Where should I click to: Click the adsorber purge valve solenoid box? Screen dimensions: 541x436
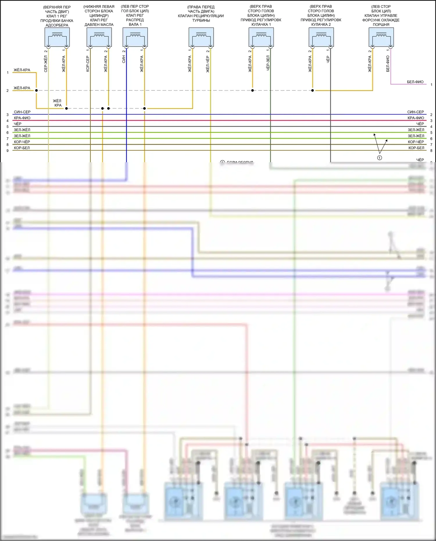pyautogui.click(x=57, y=37)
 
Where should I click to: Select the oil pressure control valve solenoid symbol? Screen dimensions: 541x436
pyautogui.click(x=99, y=37)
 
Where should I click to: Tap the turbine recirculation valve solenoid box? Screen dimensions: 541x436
pyautogui.click(x=201, y=37)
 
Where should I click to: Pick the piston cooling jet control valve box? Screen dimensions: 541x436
pyautogui.click(x=381, y=37)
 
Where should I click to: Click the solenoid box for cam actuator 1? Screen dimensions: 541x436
pyautogui.click(x=261, y=37)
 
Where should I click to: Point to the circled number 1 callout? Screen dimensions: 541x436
pyautogui.click(x=379, y=158)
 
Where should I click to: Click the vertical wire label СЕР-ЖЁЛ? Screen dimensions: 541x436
pyautogui.click(x=46, y=64)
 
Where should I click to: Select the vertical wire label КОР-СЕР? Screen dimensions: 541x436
pyautogui.click(x=87, y=64)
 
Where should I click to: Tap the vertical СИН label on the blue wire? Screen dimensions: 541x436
pyautogui.click(x=124, y=59)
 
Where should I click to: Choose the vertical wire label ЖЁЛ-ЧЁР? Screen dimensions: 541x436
pyautogui.click(x=208, y=64)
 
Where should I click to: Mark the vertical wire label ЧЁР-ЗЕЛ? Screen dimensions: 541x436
pyautogui.click(x=268, y=63)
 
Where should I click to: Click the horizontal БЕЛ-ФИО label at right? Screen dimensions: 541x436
pyautogui.click(x=415, y=82)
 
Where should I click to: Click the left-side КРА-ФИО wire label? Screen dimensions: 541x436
pyautogui.click(x=22, y=118)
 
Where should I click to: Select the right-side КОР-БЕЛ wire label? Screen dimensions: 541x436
pyautogui.click(x=416, y=148)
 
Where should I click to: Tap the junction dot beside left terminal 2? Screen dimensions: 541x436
pyautogui.click(x=36, y=90)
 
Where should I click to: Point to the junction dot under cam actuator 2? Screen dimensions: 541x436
pyautogui.click(x=312, y=90)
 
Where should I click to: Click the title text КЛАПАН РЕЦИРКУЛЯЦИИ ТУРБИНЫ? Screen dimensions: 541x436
pyautogui.click(x=201, y=18)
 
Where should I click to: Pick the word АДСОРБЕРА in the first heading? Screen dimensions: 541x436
pyautogui.click(x=57, y=25)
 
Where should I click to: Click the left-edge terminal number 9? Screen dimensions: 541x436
pyautogui.click(x=8, y=151)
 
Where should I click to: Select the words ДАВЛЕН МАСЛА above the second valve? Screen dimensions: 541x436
pyautogui.click(x=99, y=25)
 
